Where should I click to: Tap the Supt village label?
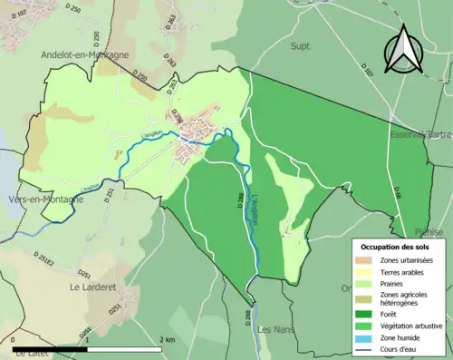tap(301, 44)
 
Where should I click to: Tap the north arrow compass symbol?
tap(404, 51)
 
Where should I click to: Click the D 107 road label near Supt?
tap(366, 68)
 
